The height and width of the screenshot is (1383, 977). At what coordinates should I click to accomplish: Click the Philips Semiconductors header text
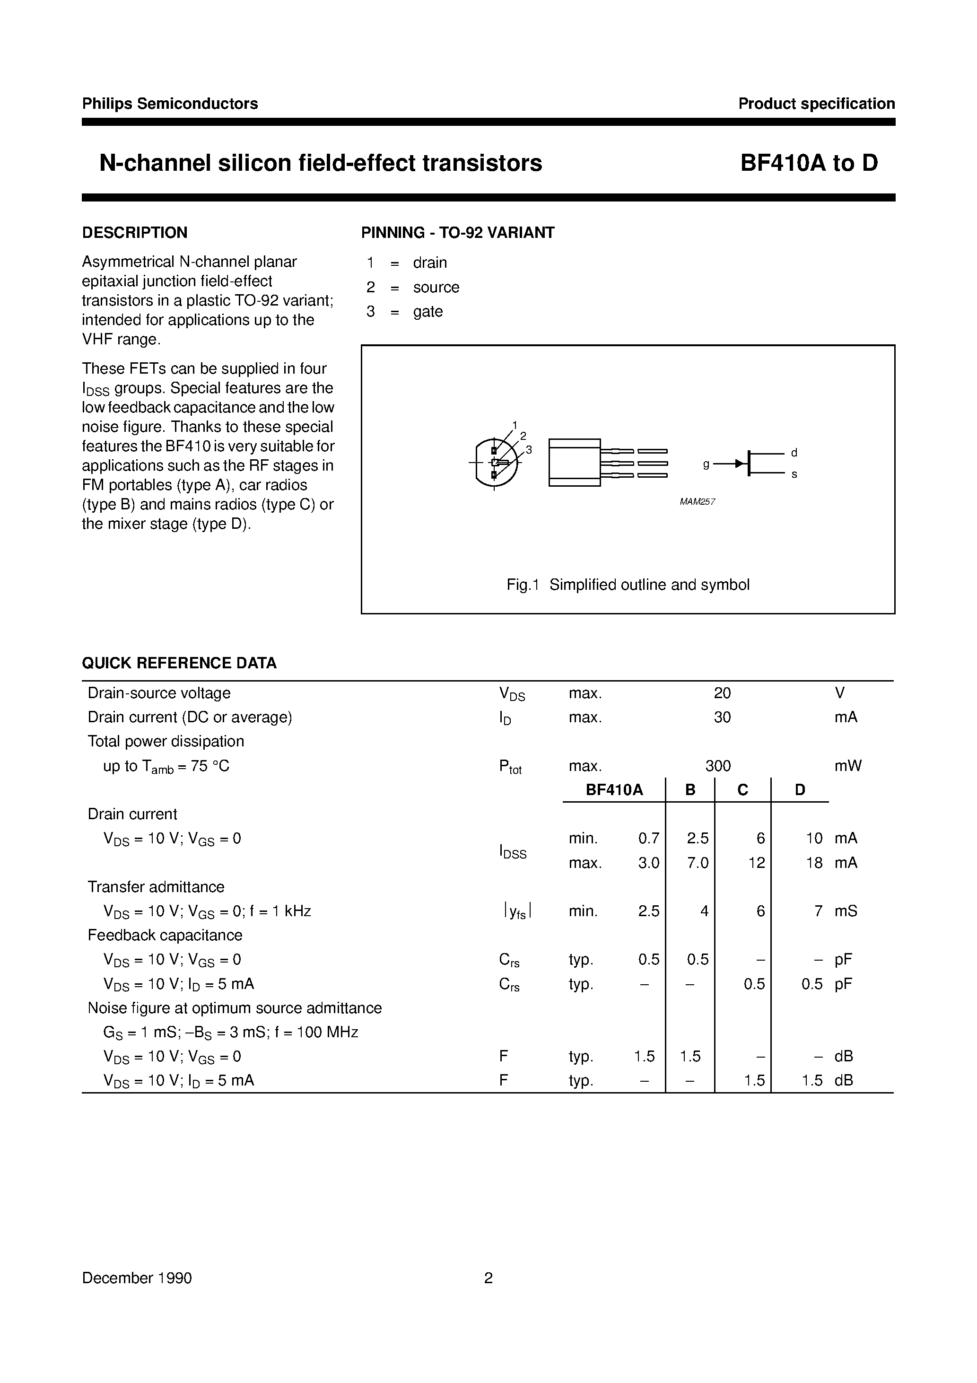(x=170, y=104)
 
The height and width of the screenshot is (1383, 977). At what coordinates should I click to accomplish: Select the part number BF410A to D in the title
(x=809, y=163)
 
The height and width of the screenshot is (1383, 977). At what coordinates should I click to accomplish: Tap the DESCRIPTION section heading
(x=134, y=233)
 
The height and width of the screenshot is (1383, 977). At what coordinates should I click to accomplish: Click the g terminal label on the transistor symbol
(x=706, y=464)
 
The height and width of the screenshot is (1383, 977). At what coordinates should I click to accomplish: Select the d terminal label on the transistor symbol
(x=794, y=452)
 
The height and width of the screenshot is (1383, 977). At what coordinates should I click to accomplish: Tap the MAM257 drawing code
(x=697, y=501)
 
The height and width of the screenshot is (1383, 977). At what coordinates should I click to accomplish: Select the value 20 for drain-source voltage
(x=722, y=693)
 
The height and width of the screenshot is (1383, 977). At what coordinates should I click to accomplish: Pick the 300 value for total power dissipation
(x=717, y=766)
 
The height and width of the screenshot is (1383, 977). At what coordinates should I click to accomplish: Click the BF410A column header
(x=614, y=790)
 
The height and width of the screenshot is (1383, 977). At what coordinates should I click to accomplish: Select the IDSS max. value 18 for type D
(x=814, y=863)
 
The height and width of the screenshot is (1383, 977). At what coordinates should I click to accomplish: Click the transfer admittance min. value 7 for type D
(x=818, y=911)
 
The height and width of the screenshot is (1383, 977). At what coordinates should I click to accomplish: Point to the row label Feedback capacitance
(x=165, y=935)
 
